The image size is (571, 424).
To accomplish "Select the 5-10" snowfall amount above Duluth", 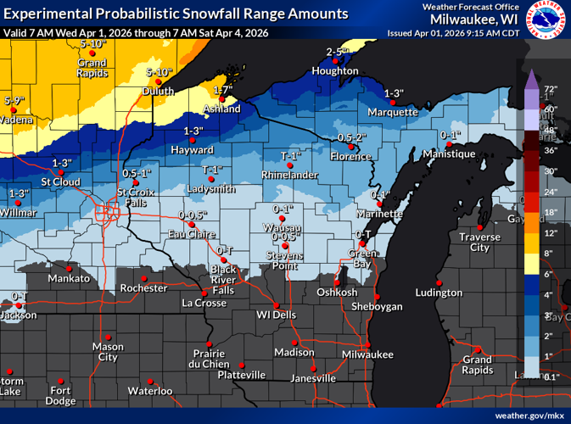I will coord(160,72).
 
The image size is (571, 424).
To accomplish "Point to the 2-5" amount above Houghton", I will coord(339,53).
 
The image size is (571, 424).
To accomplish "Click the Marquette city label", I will coord(393,112).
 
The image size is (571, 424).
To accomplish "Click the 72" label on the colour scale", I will coord(550,89).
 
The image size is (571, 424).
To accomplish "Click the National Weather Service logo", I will coord(547,20).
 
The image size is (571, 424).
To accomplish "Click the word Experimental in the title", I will coord(43,14).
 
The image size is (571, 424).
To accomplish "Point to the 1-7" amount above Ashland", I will coord(223,90).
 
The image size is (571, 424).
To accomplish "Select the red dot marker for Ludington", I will coord(439,282).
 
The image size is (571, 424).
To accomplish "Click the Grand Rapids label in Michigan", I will coord(477,365).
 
